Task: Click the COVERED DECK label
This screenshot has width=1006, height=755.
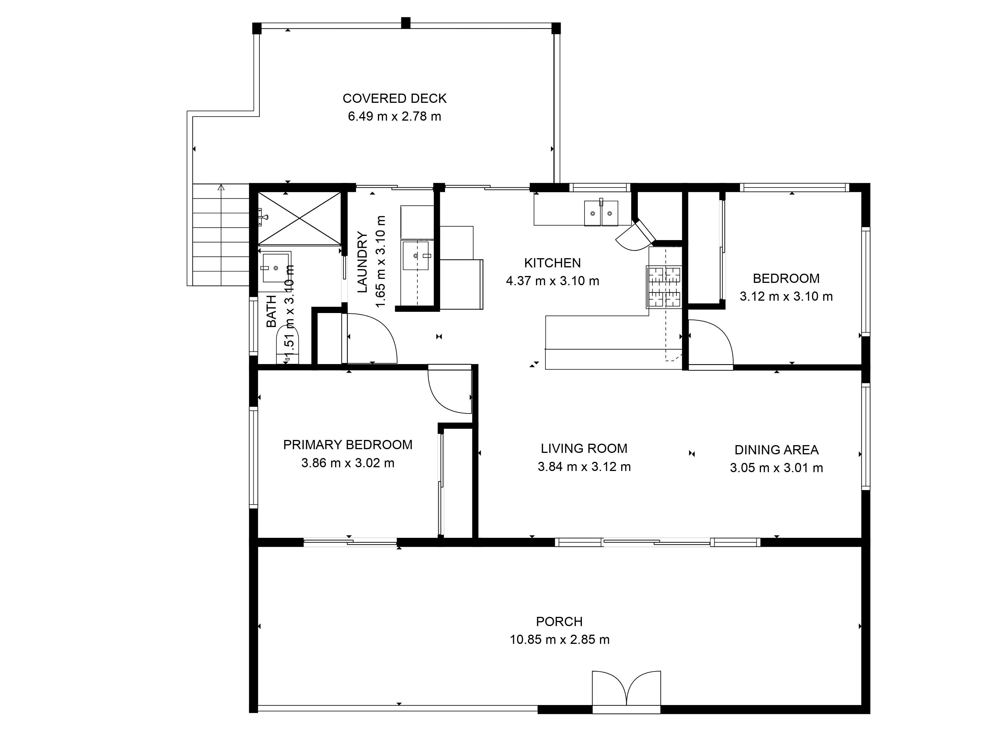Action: click(394, 98)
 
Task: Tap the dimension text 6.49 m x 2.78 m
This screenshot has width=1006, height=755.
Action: click(394, 117)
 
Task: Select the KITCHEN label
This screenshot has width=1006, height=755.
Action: click(552, 263)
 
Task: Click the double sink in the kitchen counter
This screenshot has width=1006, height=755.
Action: click(601, 213)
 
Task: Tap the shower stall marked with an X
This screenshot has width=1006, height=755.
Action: click(299, 219)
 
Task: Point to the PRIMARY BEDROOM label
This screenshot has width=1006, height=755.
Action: click(347, 445)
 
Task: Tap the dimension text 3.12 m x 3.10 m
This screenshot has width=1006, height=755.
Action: click(786, 297)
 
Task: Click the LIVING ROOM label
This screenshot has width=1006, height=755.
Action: click(584, 449)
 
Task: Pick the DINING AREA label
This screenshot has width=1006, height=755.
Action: click(776, 450)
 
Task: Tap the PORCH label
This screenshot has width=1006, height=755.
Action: click(559, 622)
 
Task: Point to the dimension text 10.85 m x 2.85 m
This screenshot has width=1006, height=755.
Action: click(559, 640)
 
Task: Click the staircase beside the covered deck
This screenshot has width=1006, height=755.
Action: click(221, 234)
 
